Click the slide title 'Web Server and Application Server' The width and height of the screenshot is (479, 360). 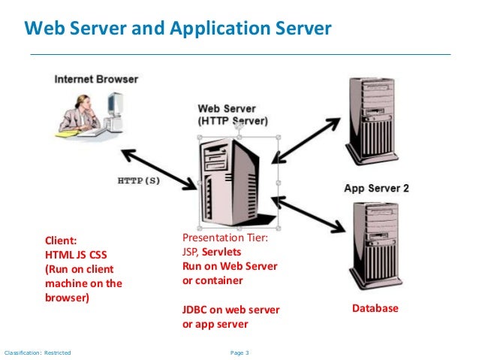click(178, 29)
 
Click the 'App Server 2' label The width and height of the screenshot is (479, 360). click(375, 189)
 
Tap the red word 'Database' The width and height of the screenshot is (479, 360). click(375, 309)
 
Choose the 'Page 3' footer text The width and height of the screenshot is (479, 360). click(238, 352)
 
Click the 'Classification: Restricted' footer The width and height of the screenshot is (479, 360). click(38, 352)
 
